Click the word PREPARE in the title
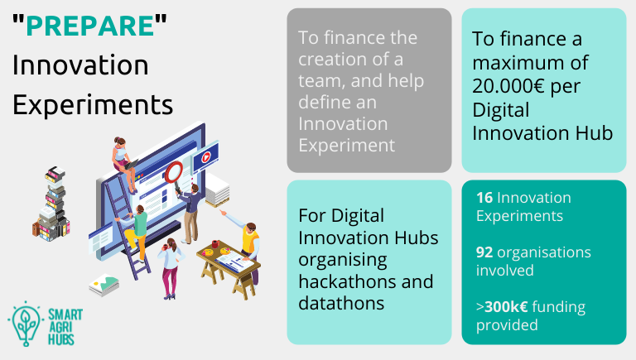90,26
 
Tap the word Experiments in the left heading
93,105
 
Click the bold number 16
484,198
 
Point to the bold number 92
484,252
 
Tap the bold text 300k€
506,307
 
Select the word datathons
341,303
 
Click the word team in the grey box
321,81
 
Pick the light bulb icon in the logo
26,324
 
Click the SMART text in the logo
65,314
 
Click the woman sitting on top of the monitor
123,163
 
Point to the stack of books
51,204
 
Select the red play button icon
206,157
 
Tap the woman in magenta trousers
171,267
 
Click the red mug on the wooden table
215,243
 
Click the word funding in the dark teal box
558,308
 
